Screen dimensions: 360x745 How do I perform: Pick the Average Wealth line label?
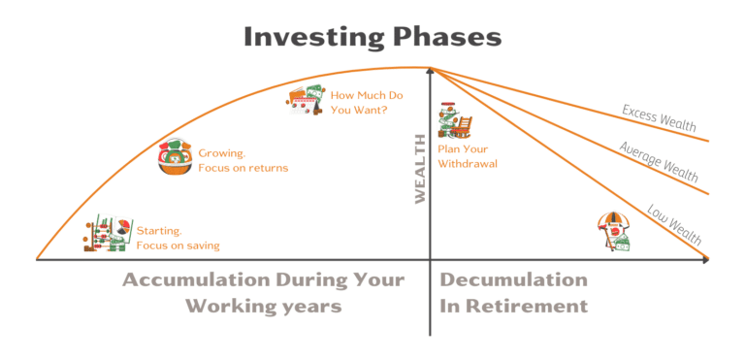click(658, 159)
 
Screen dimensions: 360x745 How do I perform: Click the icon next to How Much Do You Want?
click(307, 100)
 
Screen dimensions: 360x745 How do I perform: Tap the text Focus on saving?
click(178, 245)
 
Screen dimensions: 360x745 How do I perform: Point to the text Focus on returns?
click(243, 168)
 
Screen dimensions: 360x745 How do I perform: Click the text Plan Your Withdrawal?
click(468, 156)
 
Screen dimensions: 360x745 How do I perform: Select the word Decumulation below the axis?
click(513, 280)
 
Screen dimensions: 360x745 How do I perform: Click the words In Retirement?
click(513, 306)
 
